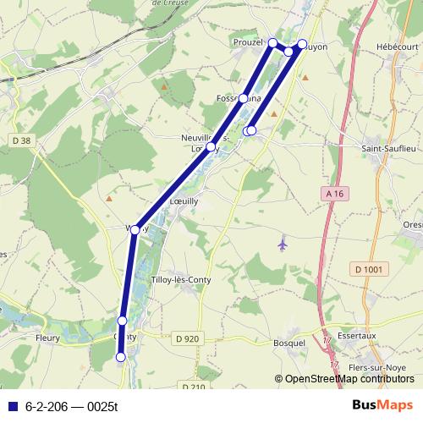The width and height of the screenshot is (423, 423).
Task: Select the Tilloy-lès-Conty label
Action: click(179, 279)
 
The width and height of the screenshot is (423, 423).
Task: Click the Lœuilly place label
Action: click(184, 201)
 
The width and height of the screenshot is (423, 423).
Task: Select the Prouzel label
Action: click(248, 41)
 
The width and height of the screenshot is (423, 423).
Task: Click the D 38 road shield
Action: click(21, 140)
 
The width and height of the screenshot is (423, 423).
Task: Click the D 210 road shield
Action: click(193, 387)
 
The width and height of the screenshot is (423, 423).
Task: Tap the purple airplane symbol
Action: click(283, 244)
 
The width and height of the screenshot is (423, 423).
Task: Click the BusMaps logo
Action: click(382, 405)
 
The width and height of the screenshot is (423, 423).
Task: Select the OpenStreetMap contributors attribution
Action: click(349, 379)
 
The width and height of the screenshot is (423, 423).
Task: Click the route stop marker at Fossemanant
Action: click(244, 98)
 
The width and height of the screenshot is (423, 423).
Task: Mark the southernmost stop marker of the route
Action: click(120, 358)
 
